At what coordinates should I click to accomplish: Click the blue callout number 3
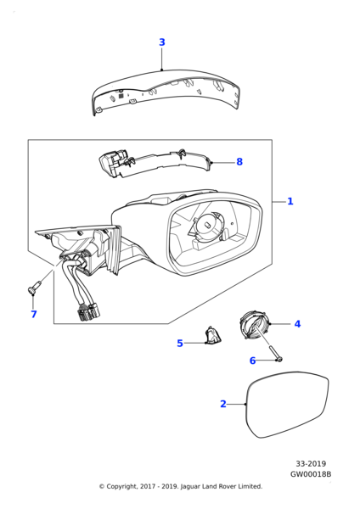162,42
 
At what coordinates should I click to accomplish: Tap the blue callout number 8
239,162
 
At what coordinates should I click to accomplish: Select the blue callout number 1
290,201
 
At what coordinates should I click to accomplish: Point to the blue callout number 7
34,314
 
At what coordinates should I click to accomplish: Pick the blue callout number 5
180,343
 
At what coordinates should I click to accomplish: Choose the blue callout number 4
297,324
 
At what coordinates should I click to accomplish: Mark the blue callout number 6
252,361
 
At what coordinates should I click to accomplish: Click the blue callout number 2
223,404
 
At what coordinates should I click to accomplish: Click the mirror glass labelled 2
288,404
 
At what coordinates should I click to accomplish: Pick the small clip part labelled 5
213,335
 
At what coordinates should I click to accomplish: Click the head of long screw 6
279,359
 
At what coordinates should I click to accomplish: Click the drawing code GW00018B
311,474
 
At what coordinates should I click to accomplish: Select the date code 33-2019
311,464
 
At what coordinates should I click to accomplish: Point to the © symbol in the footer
102,486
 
